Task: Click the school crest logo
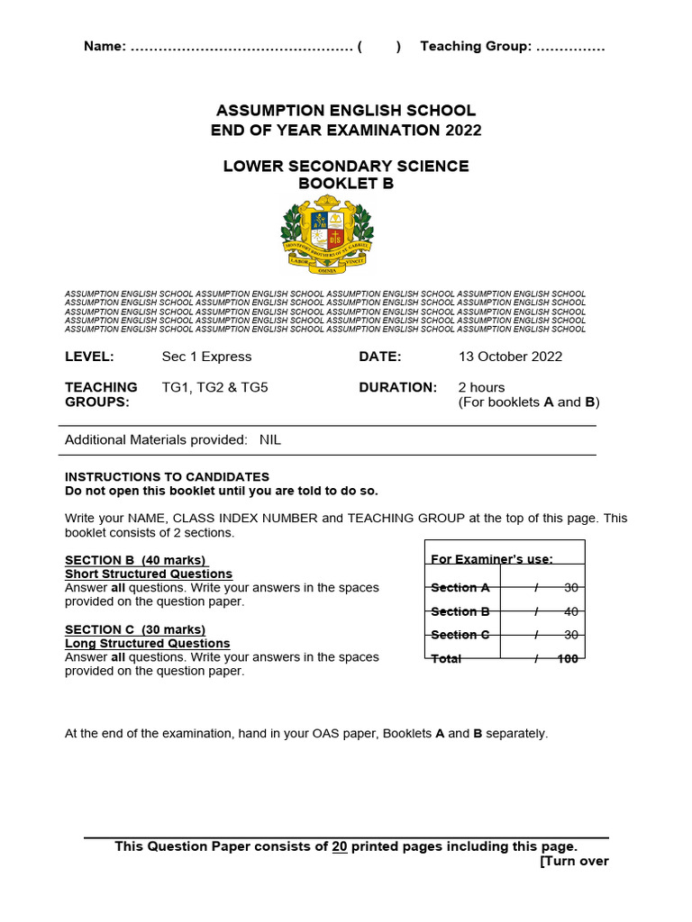[327, 237]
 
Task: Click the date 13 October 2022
[510, 357]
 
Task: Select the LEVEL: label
[89, 357]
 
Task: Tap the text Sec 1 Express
[206, 357]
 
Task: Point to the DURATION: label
[397, 387]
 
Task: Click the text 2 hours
[481, 387]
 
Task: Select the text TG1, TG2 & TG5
[214, 387]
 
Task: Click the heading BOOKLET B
[346, 184]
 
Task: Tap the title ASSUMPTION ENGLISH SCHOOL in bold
[346, 111]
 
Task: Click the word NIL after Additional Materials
[270, 439]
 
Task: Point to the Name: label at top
[105, 47]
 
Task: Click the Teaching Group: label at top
[476, 47]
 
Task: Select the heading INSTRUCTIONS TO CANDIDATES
[167, 476]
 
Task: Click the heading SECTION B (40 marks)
[135, 560]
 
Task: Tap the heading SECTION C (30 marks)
[135, 629]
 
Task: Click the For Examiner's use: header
[492, 559]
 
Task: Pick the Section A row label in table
[460, 587]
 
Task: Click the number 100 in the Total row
[567, 658]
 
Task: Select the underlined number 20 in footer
[340, 846]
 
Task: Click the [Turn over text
[574, 861]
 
